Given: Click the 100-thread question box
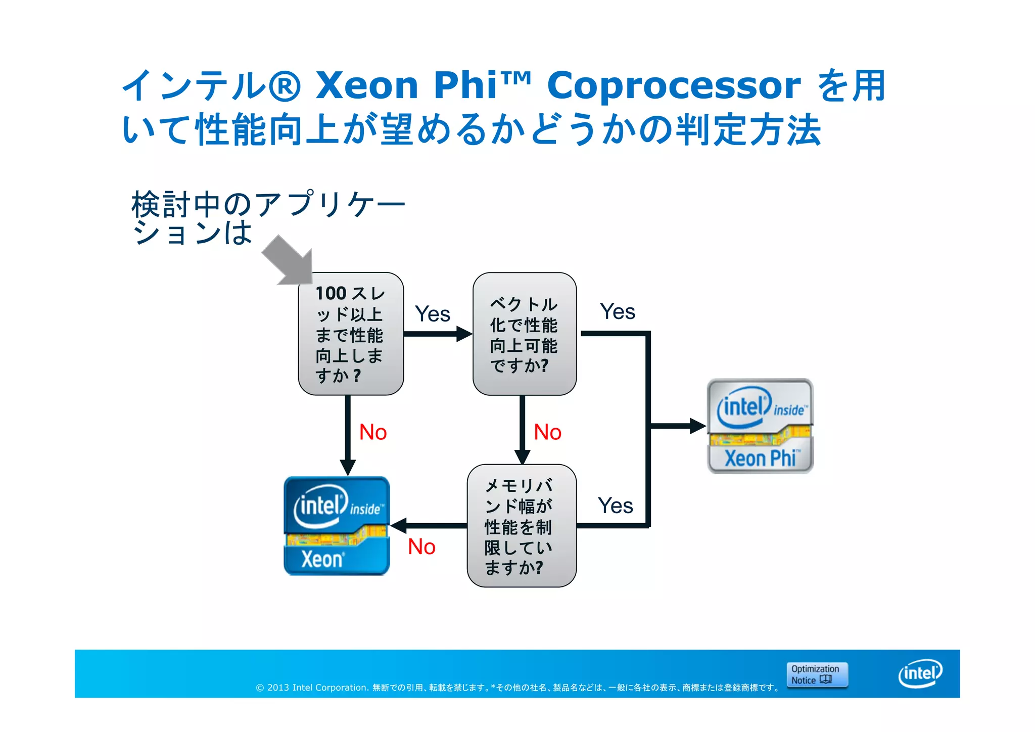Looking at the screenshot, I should [350, 334].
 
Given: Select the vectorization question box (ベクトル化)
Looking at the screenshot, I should [524, 334].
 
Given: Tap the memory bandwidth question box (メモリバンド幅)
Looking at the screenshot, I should [521, 526].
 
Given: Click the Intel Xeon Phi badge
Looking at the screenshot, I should [760, 426].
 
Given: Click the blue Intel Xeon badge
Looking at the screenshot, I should [337, 526].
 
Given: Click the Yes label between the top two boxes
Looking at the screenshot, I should [432, 314].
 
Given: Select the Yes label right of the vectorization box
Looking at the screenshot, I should [617, 311].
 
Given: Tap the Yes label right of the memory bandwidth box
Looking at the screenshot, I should [615, 506].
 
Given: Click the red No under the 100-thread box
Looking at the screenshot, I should [373, 432].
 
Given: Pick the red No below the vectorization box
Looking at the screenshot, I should [547, 432].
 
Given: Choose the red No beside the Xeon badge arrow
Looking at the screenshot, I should [421, 547].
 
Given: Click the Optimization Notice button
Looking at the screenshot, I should [816, 674].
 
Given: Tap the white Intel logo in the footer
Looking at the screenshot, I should [920, 673].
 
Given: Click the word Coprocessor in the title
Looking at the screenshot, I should [673, 85].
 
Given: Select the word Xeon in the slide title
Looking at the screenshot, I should [367, 85].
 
